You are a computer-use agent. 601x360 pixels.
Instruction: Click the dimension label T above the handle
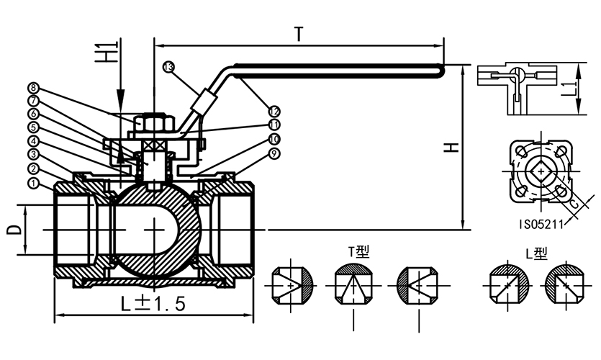[x=298, y=34]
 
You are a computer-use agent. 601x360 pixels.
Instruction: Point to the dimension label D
[x=12, y=230]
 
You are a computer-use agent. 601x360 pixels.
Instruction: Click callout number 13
[x=168, y=66]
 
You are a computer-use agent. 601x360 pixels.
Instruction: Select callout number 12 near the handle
[x=274, y=111]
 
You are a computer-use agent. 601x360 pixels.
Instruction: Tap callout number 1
[x=33, y=184]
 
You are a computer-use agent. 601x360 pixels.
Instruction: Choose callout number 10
[x=274, y=138]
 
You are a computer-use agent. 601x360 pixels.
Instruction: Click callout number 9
[x=274, y=153]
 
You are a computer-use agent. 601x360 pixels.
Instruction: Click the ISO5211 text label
[x=541, y=225]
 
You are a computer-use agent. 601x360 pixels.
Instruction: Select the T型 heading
[x=358, y=253]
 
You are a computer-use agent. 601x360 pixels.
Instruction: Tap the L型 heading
[x=536, y=253]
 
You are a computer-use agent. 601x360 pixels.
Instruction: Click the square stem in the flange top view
[x=539, y=172]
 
